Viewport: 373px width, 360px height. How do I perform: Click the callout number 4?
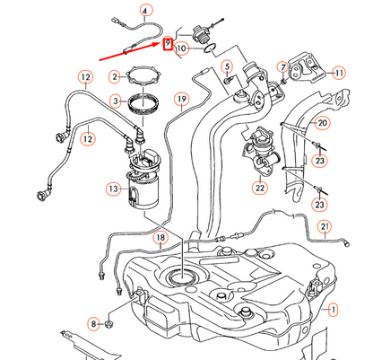pos(145,12)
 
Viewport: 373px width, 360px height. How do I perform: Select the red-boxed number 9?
pos(168,44)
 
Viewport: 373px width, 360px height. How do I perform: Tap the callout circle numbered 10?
pos(182,48)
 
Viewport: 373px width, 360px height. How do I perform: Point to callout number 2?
pos(116,77)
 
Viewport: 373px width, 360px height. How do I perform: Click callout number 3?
pos(116,101)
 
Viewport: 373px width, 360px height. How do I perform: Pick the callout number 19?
pos(182,99)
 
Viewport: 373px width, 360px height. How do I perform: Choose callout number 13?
pos(114,189)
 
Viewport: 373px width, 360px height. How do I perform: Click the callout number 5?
pos(228,66)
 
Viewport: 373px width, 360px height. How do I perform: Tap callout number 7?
pos(282,67)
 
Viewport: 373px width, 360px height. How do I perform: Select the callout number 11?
pos(339,73)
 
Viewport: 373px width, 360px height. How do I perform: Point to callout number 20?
pos(323,123)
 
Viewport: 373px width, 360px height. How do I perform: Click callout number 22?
pos(260,188)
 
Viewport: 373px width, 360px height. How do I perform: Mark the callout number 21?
pos(325,226)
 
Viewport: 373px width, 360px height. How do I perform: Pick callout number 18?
pos(160,238)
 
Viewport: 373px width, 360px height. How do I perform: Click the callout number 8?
pos(94,324)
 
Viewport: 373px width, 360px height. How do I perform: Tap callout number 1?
pos(333,310)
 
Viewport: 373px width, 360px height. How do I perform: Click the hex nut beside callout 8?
pos(109,323)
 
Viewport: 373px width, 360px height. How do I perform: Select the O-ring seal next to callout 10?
pos(210,48)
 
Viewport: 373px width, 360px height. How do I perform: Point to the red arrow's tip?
pos(161,43)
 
